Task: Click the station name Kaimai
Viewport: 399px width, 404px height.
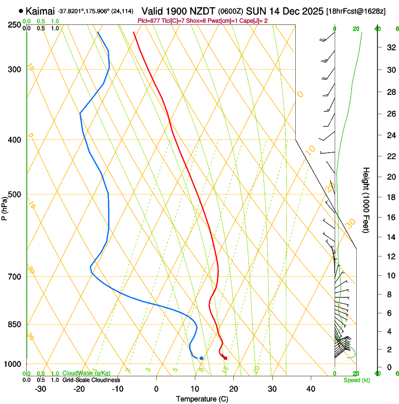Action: (x=40, y=11)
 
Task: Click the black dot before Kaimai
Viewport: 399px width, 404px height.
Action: (x=21, y=10)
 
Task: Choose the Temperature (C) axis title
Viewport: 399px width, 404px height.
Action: (x=202, y=399)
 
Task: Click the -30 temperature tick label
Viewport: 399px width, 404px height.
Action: (x=40, y=389)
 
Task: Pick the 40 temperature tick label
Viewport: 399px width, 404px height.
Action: (x=311, y=389)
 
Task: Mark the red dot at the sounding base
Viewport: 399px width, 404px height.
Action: (x=226, y=358)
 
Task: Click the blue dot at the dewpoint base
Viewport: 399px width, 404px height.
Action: (x=201, y=358)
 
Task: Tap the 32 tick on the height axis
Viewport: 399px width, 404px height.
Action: (x=391, y=47)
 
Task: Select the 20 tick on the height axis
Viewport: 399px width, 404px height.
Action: (x=391, y=177)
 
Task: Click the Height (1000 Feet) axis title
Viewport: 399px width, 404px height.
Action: (x=366, y=200)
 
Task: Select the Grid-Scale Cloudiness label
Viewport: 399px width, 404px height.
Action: (x=91, y=380)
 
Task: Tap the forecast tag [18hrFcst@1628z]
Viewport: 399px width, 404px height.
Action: (x=356, y=11)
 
